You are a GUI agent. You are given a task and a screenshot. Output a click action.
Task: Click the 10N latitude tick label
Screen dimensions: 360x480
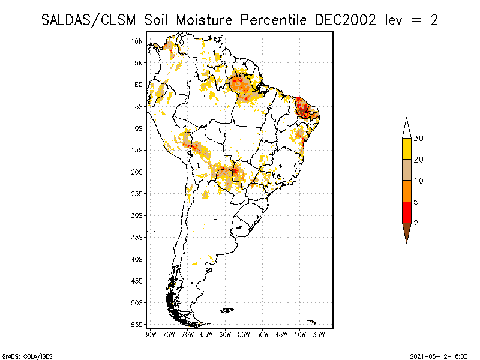pos(137,41)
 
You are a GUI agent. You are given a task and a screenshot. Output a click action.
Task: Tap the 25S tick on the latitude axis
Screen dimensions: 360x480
pos(137,193)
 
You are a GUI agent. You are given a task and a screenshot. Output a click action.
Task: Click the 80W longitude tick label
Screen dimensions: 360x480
pos(150,334)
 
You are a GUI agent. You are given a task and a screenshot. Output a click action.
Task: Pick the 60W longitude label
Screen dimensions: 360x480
pos(225,334)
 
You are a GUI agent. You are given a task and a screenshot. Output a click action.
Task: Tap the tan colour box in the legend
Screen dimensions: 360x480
pos(407,170)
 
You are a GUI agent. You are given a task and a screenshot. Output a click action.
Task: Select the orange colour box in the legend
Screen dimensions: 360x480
pos(407,191)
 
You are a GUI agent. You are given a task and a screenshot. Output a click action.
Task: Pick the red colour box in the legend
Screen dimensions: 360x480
pos(407,212)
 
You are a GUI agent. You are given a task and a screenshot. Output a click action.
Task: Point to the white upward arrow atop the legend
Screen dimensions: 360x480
pos(407,128)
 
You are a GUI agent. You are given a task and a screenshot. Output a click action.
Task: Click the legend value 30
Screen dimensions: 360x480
pos(419,139)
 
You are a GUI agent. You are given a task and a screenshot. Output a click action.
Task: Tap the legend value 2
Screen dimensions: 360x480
pos(416,223)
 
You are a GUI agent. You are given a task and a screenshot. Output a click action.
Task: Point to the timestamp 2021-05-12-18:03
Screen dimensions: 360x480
pos(438,355)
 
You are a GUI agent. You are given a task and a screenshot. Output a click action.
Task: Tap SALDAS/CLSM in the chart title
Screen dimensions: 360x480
pos(90,20)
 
